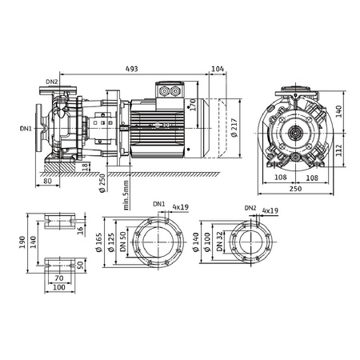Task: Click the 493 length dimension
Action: click(x=130, y=70)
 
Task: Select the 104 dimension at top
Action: click(x=218, y=70)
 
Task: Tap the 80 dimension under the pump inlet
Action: click(x=49, y=181)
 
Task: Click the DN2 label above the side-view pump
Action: click(x=52, y=82)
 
